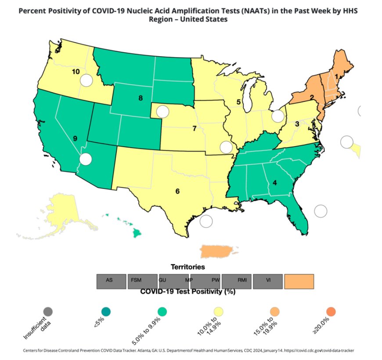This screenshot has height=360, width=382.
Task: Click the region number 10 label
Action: pyautogui.click(x=76, y=71)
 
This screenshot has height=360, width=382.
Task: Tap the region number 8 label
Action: pyautogui.click(x=141, y=98)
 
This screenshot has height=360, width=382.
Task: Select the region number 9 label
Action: pyautogui.click(x=75, y=138)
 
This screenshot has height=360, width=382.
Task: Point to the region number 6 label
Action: pyautogui.click(x=177, y=191)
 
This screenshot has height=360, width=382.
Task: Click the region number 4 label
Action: pyautogui.click(x=274, y=183)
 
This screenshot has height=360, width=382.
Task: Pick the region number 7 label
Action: pyautogui.click(x=194, y=129)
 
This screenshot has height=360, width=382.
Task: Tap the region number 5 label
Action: pyautogui.click(x=238, y=102)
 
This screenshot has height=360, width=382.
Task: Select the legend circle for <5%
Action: pyautogui.click(x=106, y=311)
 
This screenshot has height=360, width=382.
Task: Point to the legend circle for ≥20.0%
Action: pyautogui.click(x=332, y=311)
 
